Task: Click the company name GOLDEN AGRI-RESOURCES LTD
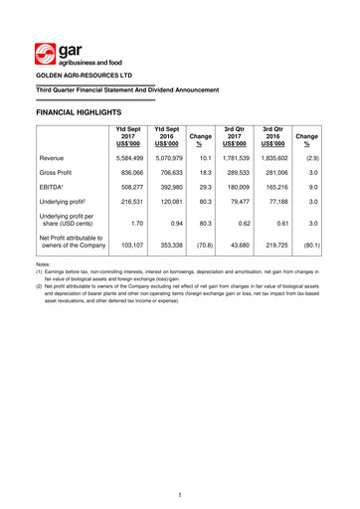(89, 75)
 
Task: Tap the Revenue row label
(57, 157)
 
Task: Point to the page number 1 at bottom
(180, 495)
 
